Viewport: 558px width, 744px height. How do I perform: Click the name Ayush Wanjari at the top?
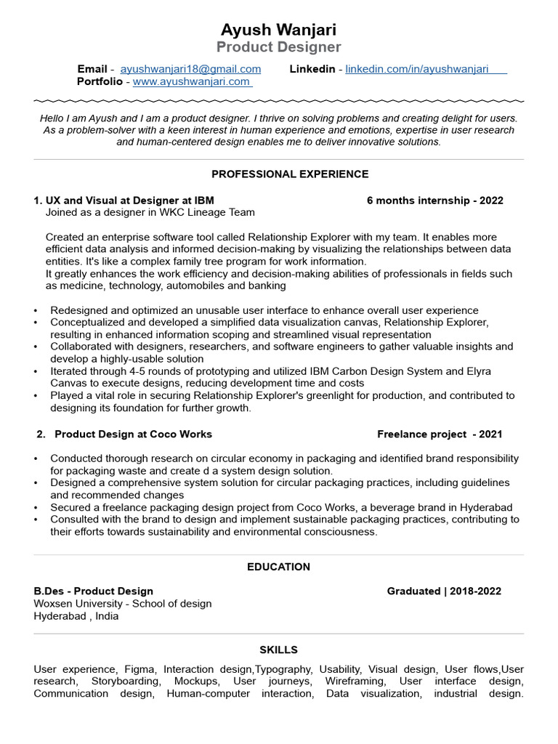(278, 30)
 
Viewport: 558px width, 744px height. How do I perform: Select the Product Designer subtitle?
(278, 47)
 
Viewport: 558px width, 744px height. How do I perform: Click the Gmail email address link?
(190, 69)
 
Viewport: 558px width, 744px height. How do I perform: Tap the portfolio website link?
(191, 81)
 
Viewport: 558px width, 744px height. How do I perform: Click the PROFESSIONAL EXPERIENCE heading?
(290, 174)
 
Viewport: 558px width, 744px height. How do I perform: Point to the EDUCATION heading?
(278, 567)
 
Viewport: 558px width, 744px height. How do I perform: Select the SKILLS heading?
(278, 650)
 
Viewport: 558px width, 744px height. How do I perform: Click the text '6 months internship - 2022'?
(434, 201)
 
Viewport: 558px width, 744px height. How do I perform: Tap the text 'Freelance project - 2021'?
(440, 434)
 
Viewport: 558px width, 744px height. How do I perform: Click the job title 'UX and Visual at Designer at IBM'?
(129, 201)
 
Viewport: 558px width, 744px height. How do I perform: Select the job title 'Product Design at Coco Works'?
(134, 434)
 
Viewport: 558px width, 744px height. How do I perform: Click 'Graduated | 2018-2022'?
(444, 591)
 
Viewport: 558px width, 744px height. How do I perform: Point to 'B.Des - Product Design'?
(94, 591)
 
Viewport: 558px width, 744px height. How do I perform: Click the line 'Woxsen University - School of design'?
(123, 604)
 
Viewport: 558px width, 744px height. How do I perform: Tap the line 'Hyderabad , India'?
(76, 616)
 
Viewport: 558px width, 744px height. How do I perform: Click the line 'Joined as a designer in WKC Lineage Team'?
(150, 213)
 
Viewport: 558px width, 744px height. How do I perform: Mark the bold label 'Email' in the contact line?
(92, 69)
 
